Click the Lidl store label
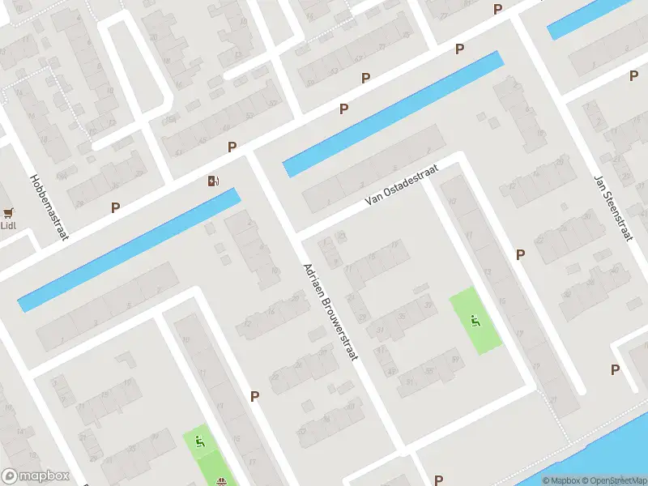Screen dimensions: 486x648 [8, 225]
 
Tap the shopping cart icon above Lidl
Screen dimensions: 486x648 [9, 213]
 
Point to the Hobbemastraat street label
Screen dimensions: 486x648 [49, 207]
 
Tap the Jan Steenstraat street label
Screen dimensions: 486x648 [612, 208]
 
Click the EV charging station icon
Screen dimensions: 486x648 [213, 181]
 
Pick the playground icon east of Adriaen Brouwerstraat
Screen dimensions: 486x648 [475, 320]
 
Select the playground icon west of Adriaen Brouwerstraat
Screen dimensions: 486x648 [199, 441]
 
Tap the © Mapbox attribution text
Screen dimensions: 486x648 [561, 480]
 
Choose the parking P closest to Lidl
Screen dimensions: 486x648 [115, 207]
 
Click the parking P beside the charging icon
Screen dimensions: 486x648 [232, 147]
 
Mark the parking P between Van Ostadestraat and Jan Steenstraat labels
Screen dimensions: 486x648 [520, 254]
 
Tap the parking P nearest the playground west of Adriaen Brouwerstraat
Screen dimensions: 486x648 [254, 396]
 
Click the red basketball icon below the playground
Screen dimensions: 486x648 [220, 481]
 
